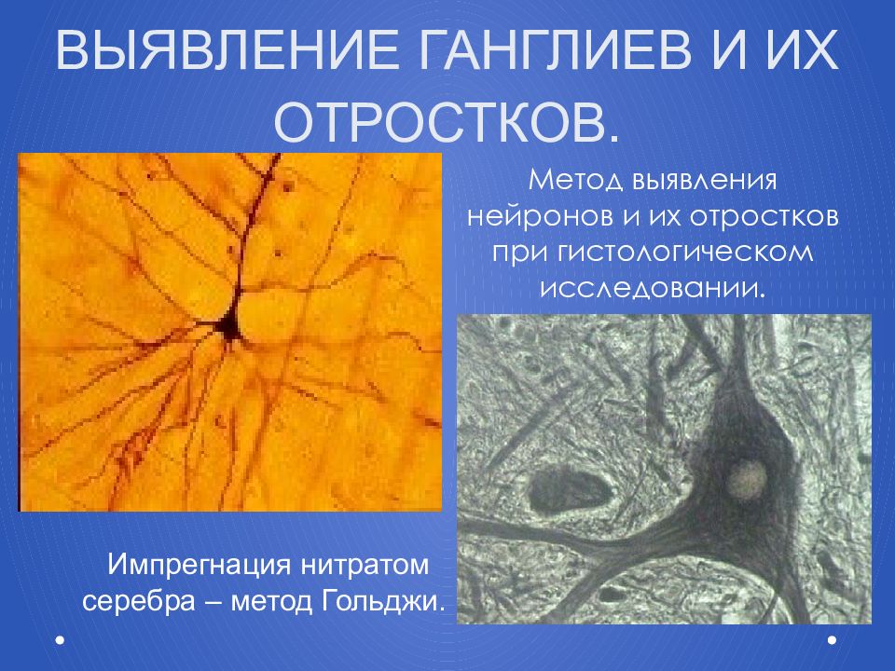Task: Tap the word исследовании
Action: (x=652, y=287)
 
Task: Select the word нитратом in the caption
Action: (x=365, y=566)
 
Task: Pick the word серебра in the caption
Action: (x=139, y=602)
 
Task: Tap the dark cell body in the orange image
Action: (x=229, y=326)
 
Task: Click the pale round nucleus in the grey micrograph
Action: (x=746, y=478)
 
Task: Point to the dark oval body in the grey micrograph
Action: (x=565, y=486)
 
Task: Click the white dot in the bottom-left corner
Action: (x=60, y=639)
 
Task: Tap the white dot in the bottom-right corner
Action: (x=833, y=639)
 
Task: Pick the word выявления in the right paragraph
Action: (x=704, y=181)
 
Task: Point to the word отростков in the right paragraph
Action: (x=764, y=217)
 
